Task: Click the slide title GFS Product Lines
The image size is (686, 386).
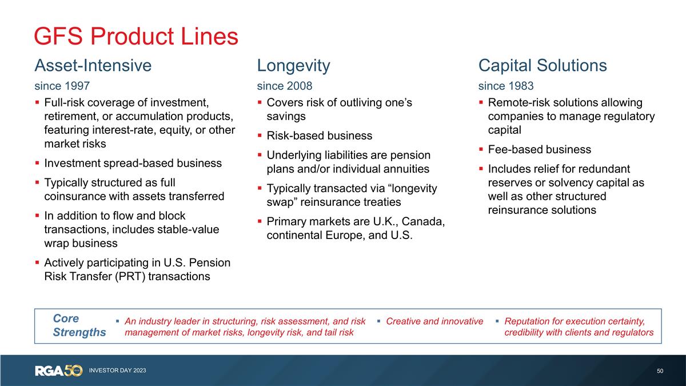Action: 136,37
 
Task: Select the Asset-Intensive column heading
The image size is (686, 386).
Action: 93,65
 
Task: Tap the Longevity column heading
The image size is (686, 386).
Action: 293,65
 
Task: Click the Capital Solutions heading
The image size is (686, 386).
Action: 542,65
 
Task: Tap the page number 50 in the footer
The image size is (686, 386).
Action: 660,371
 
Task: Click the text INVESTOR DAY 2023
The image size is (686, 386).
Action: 117,371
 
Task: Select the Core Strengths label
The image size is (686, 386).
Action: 79,325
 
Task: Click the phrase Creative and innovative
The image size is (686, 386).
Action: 434,321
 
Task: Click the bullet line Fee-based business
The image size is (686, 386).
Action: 539,150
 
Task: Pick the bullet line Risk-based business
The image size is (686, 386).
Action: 319,136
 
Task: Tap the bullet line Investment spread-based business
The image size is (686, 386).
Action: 133,163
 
